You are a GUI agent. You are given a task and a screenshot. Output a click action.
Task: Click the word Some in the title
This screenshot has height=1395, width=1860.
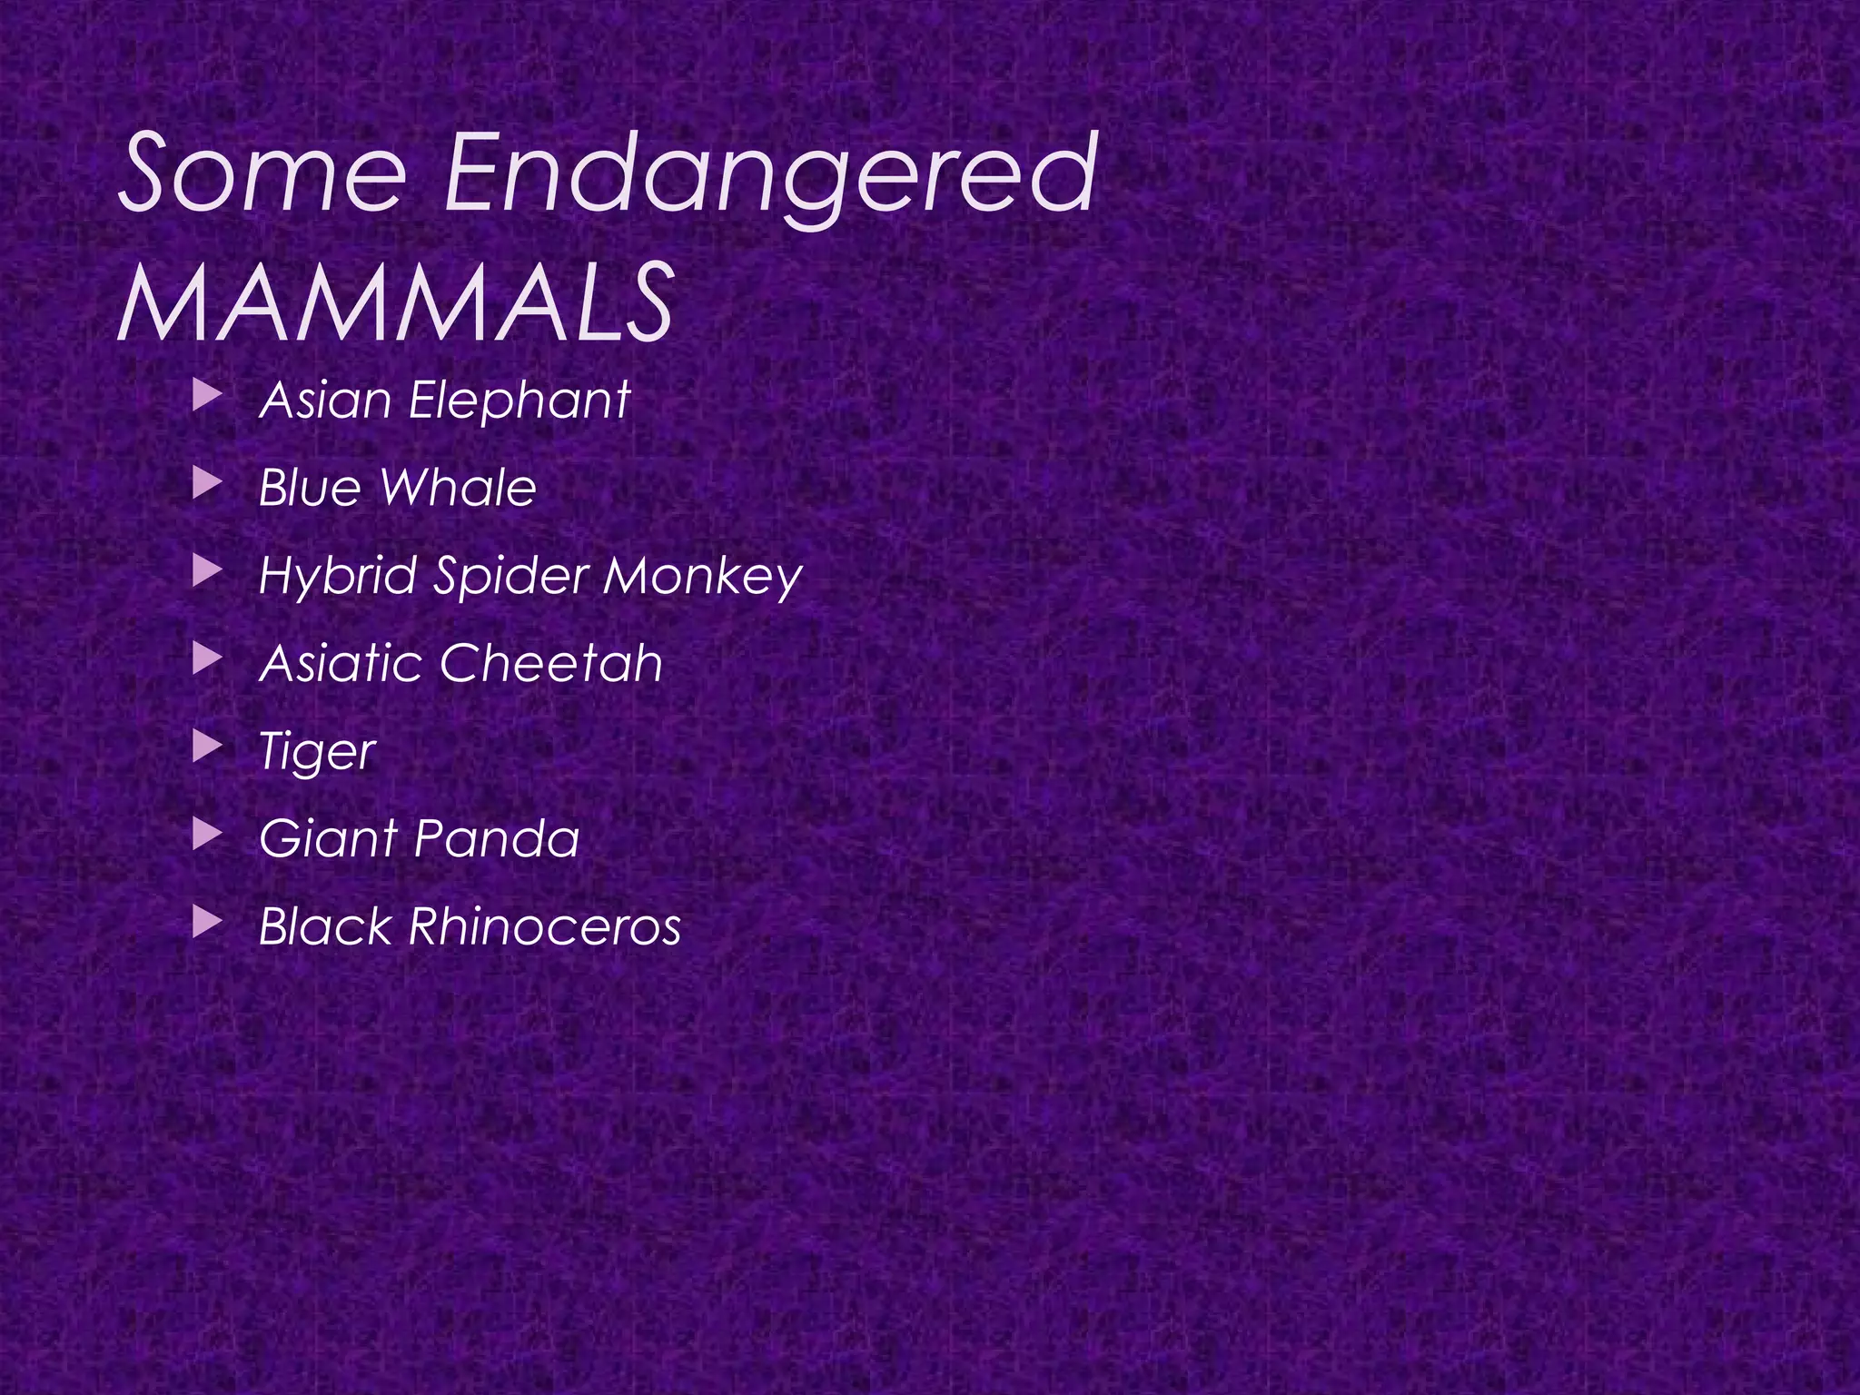262,173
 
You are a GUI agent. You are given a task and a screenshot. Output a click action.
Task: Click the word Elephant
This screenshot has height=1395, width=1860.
519,401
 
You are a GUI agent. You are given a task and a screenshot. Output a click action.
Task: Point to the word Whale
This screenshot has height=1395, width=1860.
458,488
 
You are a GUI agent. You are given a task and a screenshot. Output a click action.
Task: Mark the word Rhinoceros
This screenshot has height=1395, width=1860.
544,926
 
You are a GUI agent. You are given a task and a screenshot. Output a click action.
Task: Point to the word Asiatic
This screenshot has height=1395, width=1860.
341,663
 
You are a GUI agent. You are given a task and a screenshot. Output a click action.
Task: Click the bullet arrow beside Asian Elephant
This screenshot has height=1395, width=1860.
208,396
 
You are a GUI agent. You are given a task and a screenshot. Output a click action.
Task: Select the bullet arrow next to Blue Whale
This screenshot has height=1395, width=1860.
208,484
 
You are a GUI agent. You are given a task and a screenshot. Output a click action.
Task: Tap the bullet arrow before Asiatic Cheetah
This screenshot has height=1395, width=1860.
208,659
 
